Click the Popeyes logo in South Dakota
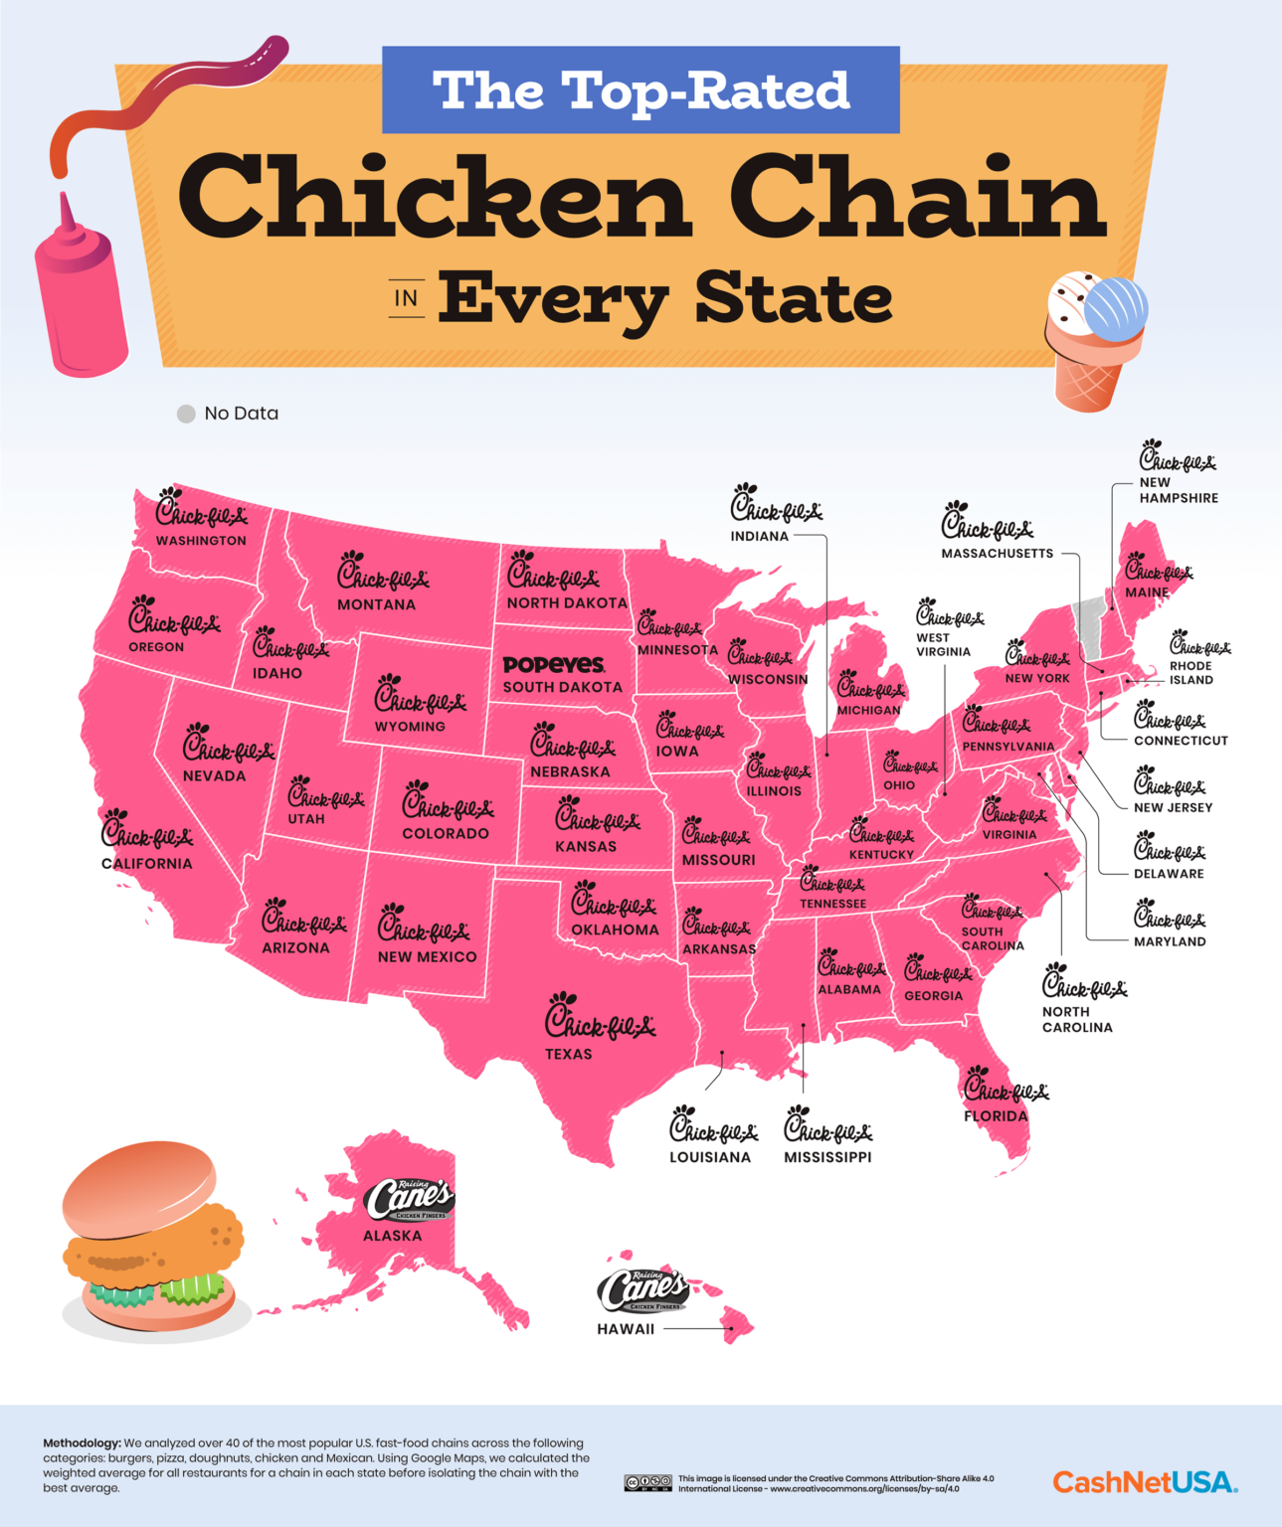554,664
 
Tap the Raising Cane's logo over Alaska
409,1200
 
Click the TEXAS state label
568,1054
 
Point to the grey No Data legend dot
186,414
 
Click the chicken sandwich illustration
152,1237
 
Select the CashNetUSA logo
1145,1482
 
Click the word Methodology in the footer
81,1442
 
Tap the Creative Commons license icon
647,1482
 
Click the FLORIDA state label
996,1115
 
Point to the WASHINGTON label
201,541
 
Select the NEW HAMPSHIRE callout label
1179,490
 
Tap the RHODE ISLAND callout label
1191,673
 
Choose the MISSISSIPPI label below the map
827,1157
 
